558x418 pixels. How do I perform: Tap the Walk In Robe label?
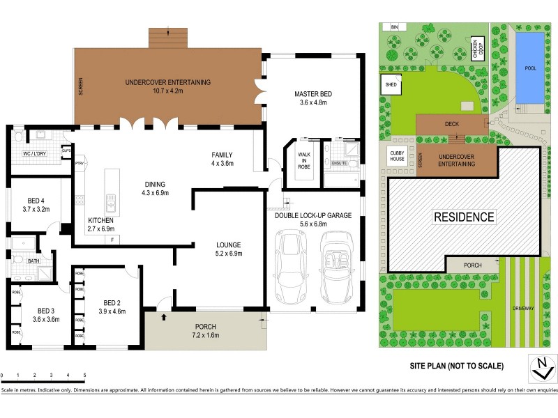coord(305,157)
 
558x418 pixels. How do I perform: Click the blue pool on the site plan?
coord(529,67)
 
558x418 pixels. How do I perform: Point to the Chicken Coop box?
coord(478,49)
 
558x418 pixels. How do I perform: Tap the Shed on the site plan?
coord(389,85)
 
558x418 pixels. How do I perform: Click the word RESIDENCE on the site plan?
coord(465,217)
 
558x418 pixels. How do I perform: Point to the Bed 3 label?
coord(43,310)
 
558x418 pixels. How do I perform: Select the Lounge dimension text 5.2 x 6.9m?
coord(228,254)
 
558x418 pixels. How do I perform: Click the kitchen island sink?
coord(110,203)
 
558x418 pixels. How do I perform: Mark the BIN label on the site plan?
coord(394,26)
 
